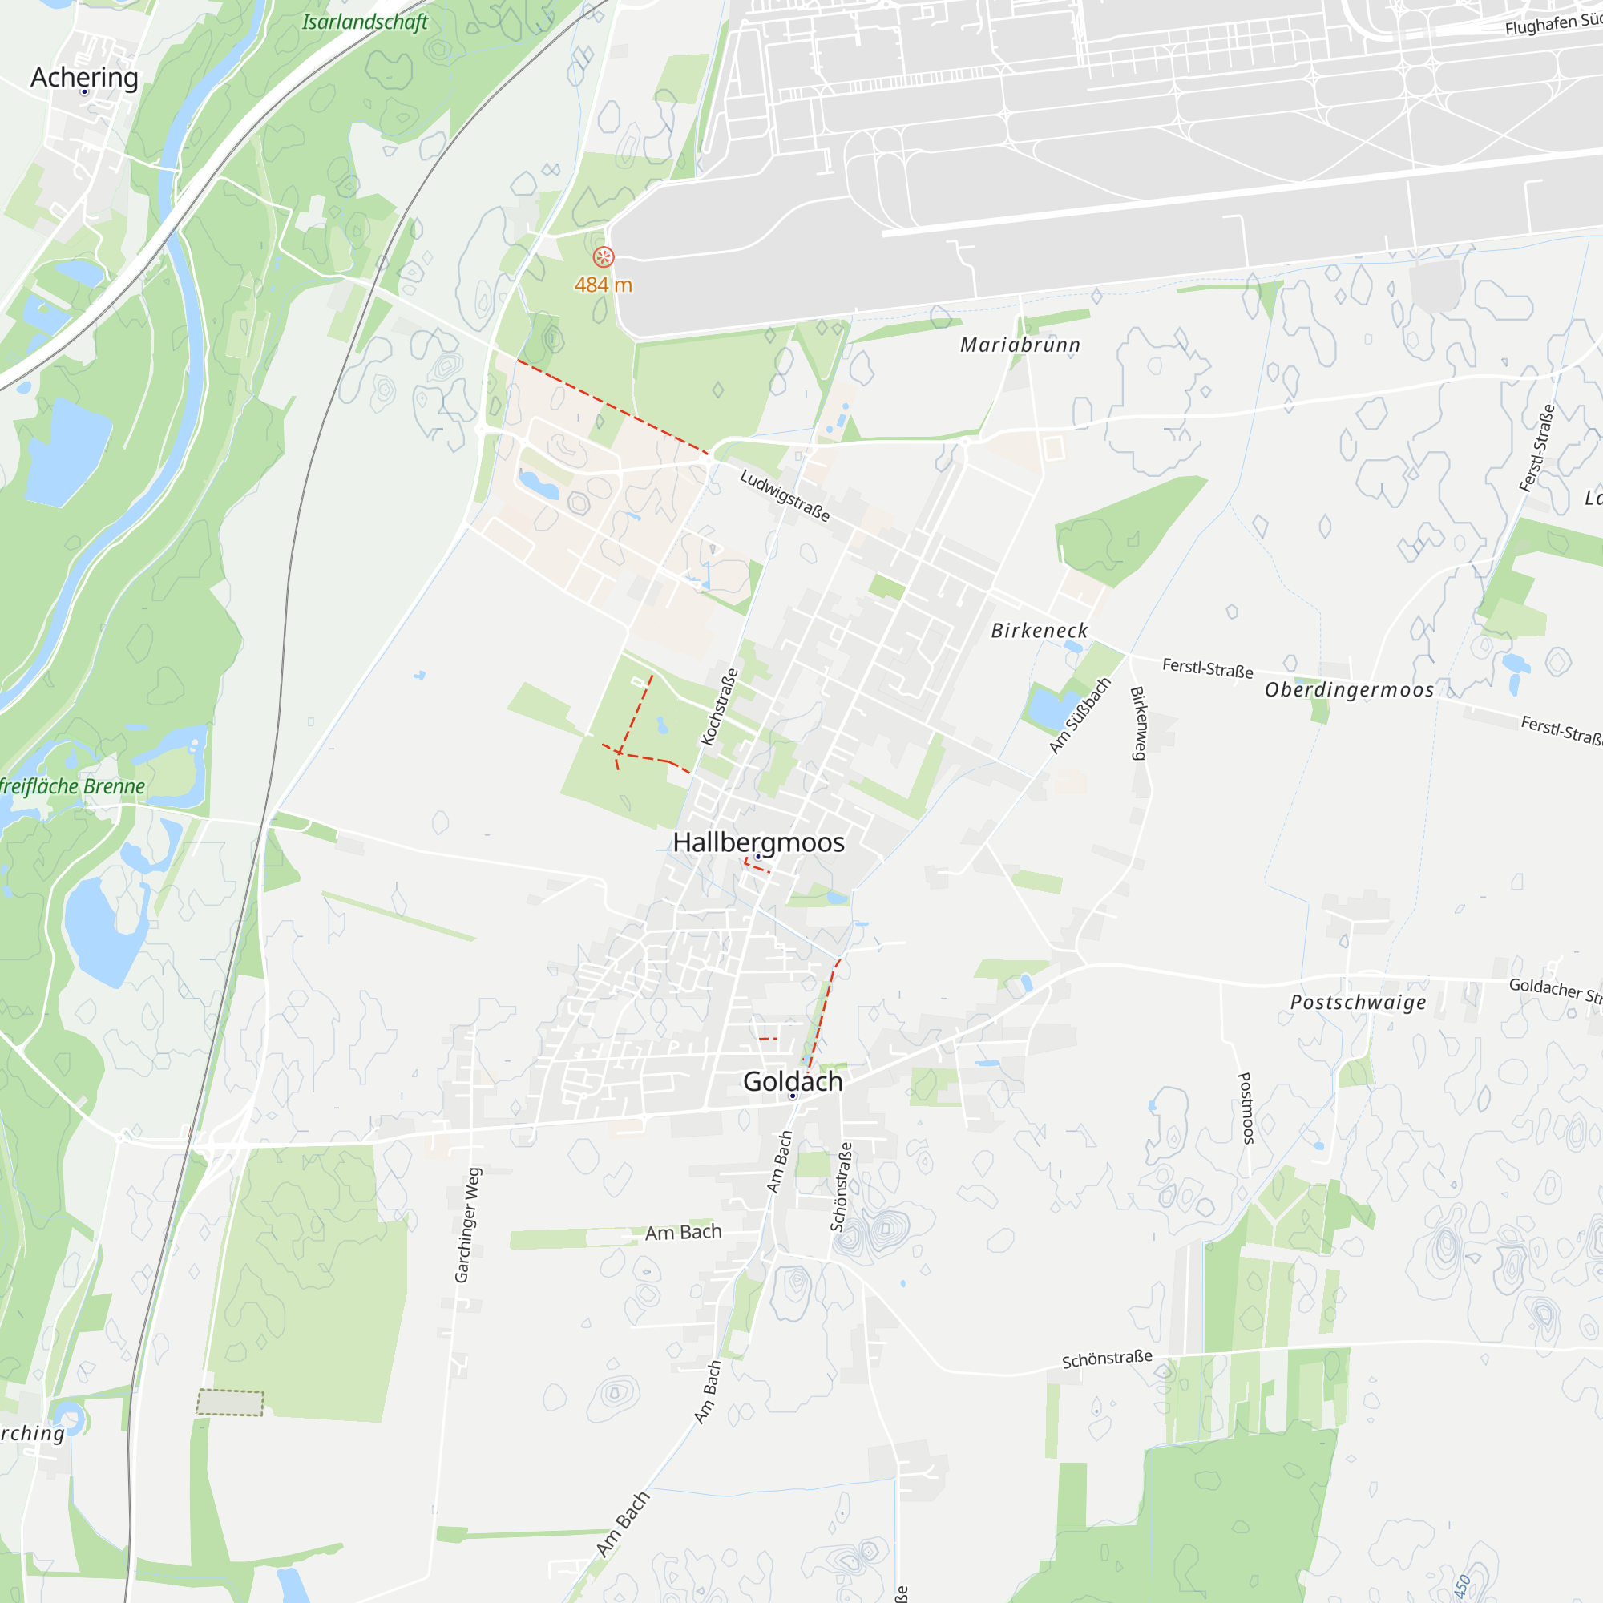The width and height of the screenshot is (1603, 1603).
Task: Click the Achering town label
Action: pos(85,77)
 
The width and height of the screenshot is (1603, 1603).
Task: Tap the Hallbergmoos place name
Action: pos(758,842)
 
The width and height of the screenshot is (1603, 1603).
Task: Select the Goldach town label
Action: pos(793,1081)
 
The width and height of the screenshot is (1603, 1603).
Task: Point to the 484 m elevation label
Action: pos(604,285)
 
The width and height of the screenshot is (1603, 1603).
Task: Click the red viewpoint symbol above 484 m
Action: pos(604,257)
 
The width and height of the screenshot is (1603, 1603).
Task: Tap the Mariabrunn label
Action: pos(1020,345)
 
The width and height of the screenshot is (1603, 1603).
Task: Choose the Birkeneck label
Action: pos(1039,631)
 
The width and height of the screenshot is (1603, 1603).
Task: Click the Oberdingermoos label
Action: pos(1349,690)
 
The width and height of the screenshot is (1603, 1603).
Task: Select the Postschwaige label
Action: pos(1359,1003)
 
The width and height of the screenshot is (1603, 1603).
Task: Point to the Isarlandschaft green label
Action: pos(365,22)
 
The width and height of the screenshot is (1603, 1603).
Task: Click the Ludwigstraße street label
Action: pos(785,495)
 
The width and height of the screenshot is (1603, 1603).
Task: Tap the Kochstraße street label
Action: pos(720,707)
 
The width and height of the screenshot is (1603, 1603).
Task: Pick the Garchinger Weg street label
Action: pos(468,1225)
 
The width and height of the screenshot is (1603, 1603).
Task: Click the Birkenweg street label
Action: pos(1140,723)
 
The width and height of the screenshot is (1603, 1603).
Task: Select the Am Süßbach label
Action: pos(1080,715)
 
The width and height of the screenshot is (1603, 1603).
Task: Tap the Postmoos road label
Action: pos(1246,1108)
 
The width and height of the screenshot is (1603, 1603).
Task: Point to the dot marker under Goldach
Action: pos(793,1096)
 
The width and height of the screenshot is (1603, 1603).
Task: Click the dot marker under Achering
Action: pos(85,92)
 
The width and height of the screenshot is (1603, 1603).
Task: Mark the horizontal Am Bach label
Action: pos(683,1232)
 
